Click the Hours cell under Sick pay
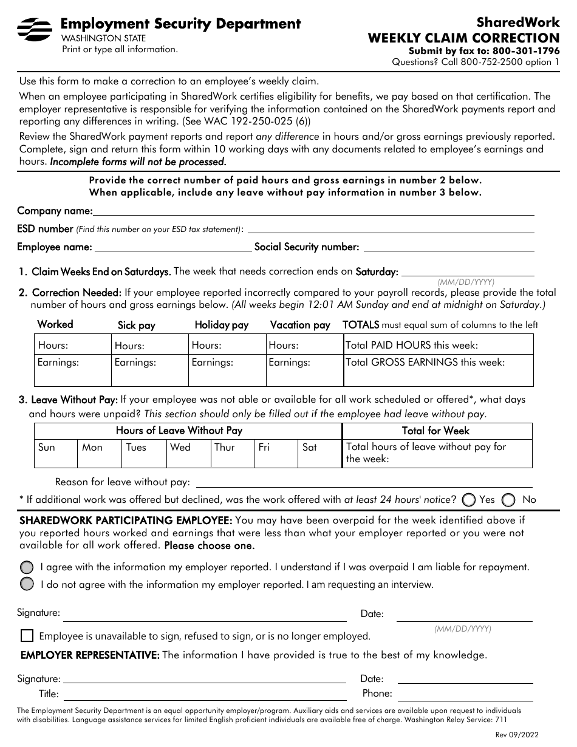click(149, 346)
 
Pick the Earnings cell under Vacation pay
click(304, 370)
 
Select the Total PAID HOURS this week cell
click(438, 345)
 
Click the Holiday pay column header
click(221, 325)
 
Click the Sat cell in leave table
click(319, 454)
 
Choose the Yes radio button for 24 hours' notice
click(468, 500)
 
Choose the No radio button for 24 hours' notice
click(510, 500)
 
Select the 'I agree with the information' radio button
click(27, 567)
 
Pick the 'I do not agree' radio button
click(27, 584)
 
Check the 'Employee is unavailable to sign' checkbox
click(27, 636)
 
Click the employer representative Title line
click(205, 694)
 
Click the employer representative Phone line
click(465, 694)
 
